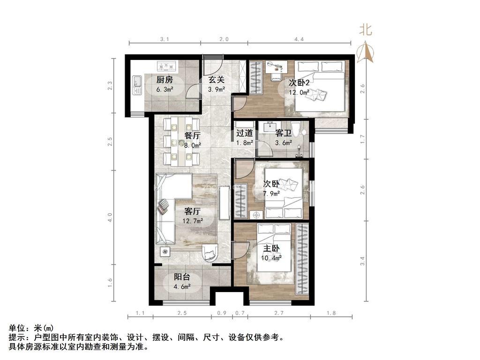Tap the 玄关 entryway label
pyautogui.click(x=216, y=80)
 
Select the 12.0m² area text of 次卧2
pyautogui.click(x=298, y=93)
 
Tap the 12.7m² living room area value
pyautogui.click(x=193, y=220)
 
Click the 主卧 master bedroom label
pyautogui.click(x=271, y=248)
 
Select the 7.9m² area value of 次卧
pyautogui.click(x=271, y=193)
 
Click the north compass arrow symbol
pyautogui.click(x=365, y=52)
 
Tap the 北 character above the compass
pyautogui.click(x=366, y=30)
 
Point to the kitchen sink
pyautogui.click(x=137, y=85)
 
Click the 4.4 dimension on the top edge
pyautogui.click(x=299, y=40)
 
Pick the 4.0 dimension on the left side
pyautogui.click(x=110, y=217)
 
